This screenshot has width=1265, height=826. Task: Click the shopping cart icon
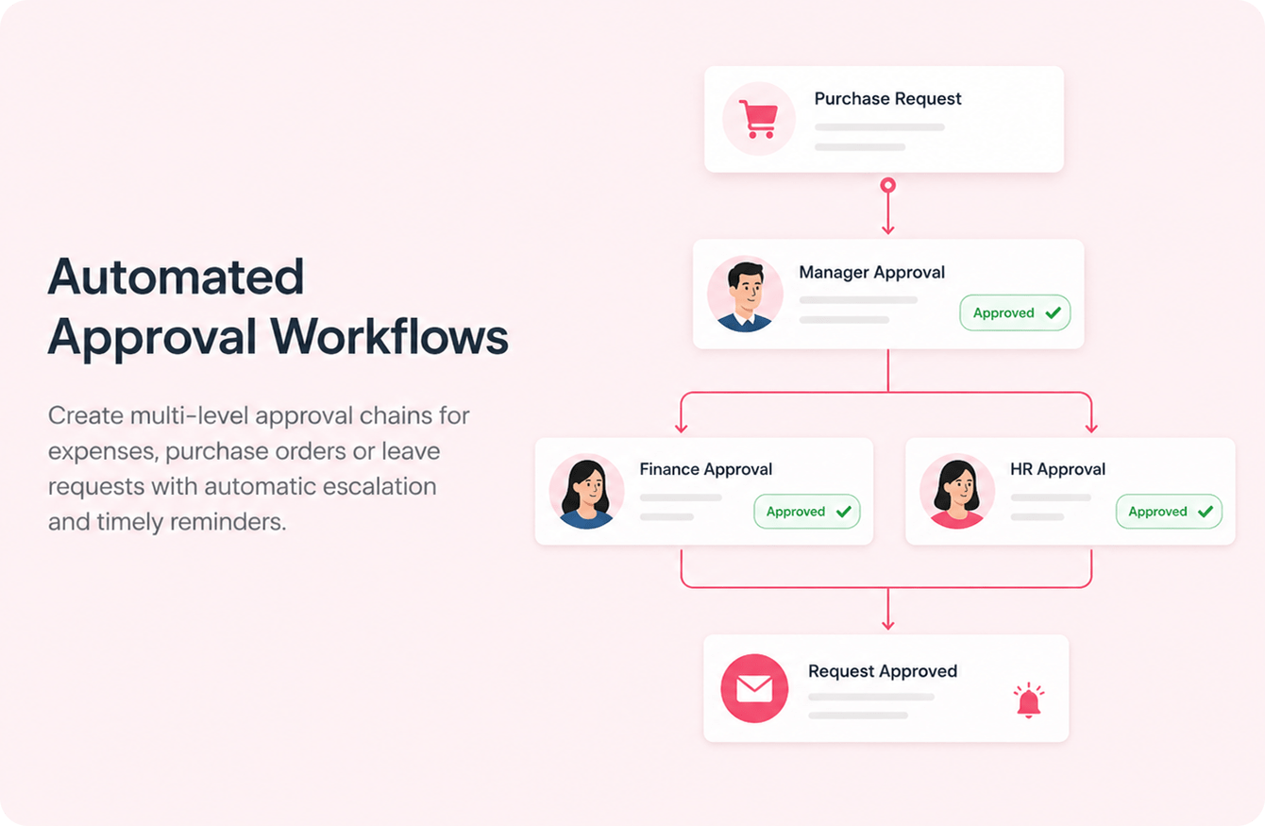[x=759, y=119]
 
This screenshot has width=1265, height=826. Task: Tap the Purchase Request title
[x=887, y=99]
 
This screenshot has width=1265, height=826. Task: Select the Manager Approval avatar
[x=745, y=295]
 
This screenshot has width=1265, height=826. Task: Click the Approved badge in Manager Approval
[x=1015, y=312]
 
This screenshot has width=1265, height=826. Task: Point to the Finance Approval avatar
[x=587, y=491]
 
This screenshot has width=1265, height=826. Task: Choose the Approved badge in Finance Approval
[x=807, y=512]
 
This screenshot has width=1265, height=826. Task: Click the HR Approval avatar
[x=957, y=491]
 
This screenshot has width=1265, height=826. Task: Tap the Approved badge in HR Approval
[x=1169, y=512]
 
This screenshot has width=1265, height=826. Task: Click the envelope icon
[x=754, y=688]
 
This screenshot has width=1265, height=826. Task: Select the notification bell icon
[x=1029, y=700]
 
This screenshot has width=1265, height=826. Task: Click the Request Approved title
[x=883, y=671]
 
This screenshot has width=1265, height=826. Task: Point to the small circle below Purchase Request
[x=887, y=185]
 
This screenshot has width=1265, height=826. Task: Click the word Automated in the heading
[x=176, y=277]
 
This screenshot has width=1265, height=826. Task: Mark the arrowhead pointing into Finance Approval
[x=681, y=430]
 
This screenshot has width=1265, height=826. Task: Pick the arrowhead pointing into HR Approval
[x=1091, y=430]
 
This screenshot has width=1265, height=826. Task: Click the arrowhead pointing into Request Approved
[x=887, y=626]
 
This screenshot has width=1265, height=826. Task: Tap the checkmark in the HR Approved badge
[x=1206, y=512]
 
